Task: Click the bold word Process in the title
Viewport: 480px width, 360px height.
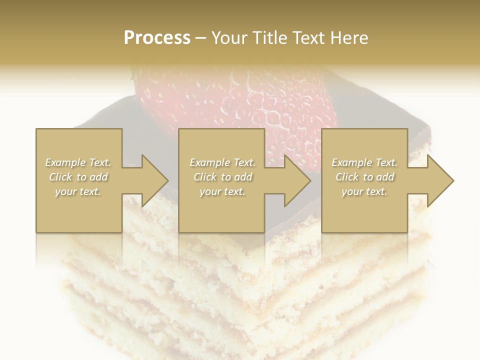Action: pos(157,38)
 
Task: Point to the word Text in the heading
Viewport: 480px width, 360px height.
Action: pos(308,38)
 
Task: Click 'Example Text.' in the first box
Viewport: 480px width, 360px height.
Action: pos(78,162)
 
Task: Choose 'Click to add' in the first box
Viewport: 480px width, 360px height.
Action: pos(78,177)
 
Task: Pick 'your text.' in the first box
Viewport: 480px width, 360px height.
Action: pos(78,191)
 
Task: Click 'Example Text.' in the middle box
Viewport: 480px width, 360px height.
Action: pos(222,162)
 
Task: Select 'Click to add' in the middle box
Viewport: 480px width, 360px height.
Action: pos(222,177)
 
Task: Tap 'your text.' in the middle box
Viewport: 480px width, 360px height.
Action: pos(222,191)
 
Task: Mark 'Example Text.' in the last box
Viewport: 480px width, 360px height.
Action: pos(364,162)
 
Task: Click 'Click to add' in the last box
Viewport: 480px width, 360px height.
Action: pos(364,177)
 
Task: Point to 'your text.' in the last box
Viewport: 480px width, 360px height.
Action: pos(364,191)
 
